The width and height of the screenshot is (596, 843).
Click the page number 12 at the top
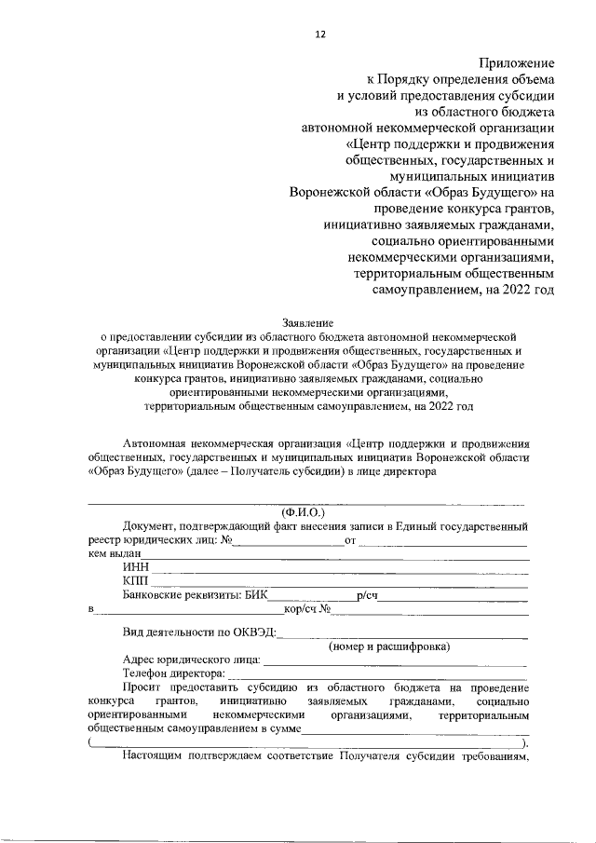click(319, 34)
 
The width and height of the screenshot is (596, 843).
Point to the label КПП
click(136, 580)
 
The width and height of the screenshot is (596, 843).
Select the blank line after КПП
click(340, 582)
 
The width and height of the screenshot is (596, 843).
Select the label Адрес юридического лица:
click(191, 659)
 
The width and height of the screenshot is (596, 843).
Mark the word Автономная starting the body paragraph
click(158, 442)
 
